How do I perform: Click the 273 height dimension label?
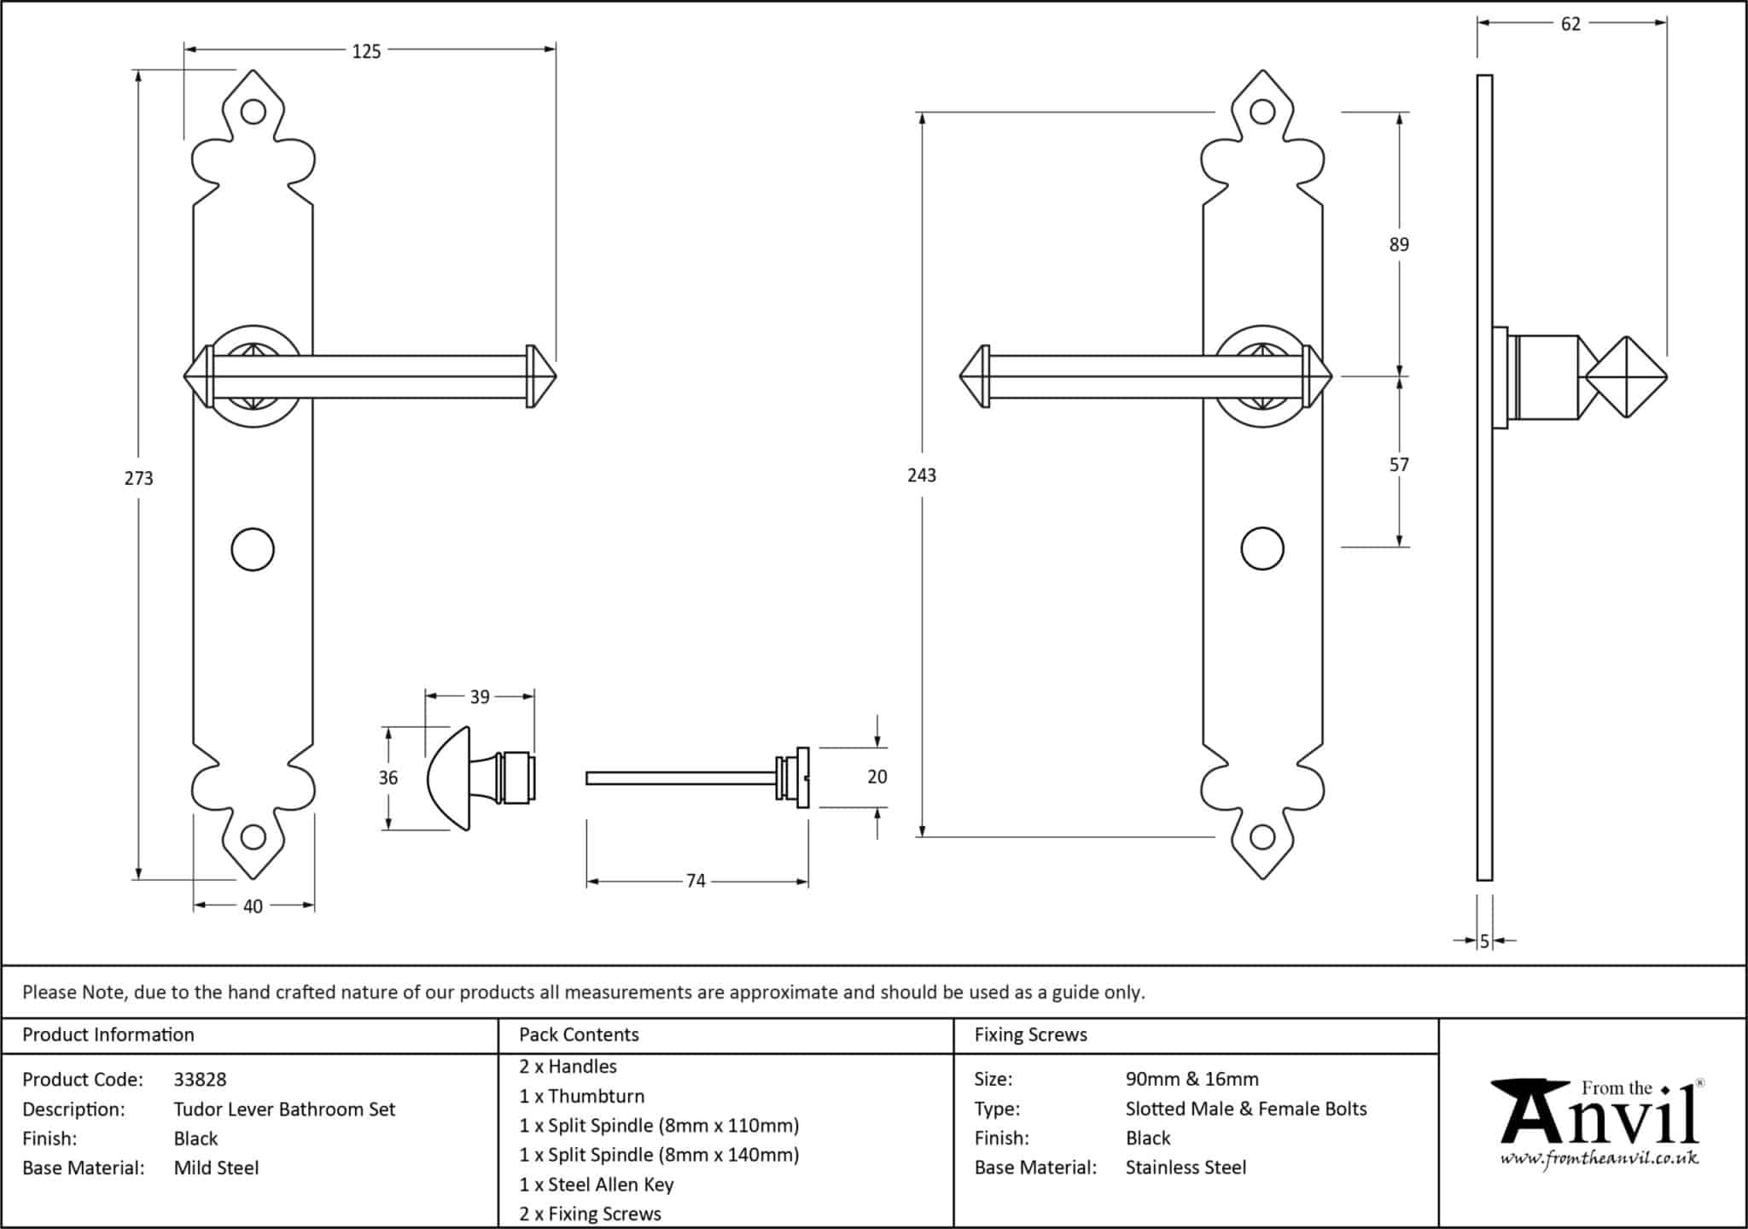[x=138, y=478]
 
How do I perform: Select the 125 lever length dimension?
[x=366, y=51]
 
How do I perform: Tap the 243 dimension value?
[x=922, y=475]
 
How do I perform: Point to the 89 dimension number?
[x=1399, y=245]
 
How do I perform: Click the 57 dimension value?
[x=1399, y=465]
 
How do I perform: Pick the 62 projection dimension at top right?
[x=1570, y=24]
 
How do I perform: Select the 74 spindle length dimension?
[x=696, y=881]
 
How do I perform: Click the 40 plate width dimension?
[x=253, y=906]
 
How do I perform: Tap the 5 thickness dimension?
[x=1484, y=941]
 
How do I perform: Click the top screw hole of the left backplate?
[x=253, y=112]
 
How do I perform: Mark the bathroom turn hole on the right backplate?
[x=1262, y=549]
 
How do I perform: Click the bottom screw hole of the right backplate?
[x=1262, y=837]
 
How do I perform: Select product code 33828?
[x=200, y=1080]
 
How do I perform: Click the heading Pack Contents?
[x=579, y=1034]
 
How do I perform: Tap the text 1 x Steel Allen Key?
[x=596, y=1185]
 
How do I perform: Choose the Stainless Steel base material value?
[x=1186, y=1168]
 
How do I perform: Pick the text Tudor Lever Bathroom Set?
[x=284, y=1110]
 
